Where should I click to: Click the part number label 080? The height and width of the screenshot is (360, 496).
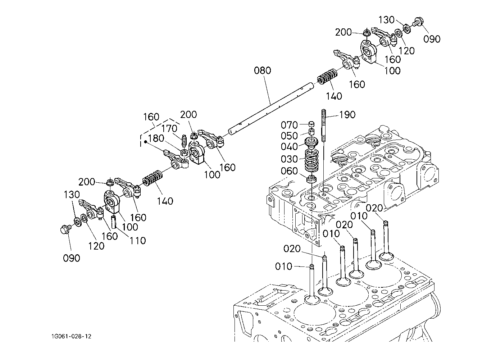tap(262, 70)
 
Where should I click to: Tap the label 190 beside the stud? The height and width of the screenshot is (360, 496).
tap(347, 115)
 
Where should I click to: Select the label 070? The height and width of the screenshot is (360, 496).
tap(290, 125)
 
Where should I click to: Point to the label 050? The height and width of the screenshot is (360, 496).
tap(290, 136)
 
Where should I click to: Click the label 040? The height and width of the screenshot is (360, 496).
tap(290, 147)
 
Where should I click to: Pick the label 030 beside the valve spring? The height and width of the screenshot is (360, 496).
tap(290, 159)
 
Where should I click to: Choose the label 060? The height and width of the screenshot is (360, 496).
tap(290, 171)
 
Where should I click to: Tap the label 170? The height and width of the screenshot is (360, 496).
tap(169, 128)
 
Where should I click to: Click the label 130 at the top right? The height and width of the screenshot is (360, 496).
tap(386, 20)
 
